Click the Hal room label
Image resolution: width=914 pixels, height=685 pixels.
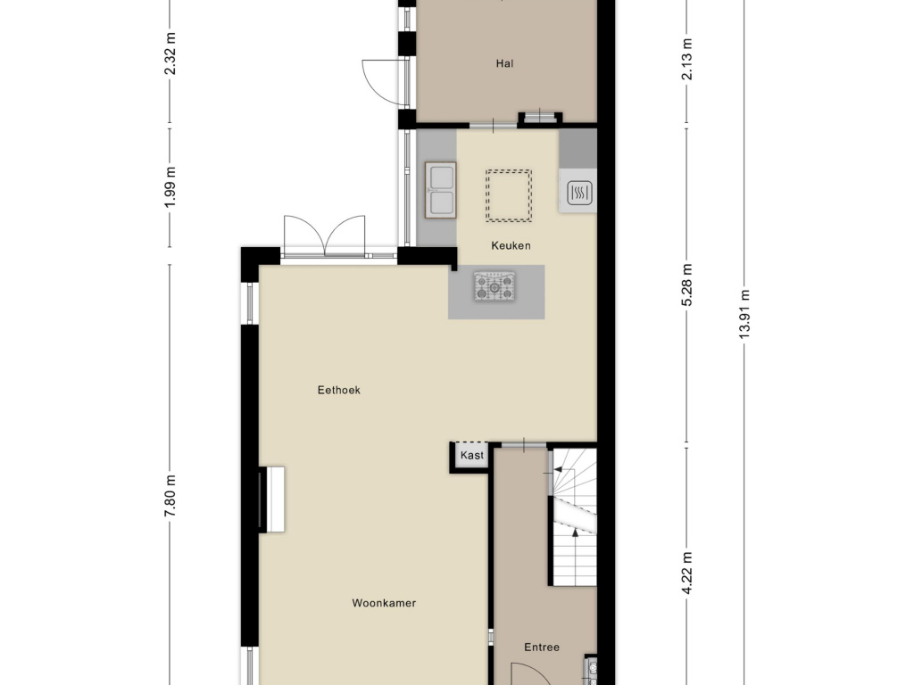tap(505, 63)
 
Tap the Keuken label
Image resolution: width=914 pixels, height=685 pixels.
tap(511, 245)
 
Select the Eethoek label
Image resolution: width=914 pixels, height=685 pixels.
tap(338, 390)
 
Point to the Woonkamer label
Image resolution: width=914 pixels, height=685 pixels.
tap(384, 603)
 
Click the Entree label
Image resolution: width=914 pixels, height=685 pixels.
tap(542, 647)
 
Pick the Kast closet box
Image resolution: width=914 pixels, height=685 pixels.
tap(471, 455)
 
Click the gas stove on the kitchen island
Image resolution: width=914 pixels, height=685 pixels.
tap(494, 286)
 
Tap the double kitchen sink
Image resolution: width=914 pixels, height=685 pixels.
tap(441, 190)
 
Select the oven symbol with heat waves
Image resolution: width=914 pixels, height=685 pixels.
tap(579, 193)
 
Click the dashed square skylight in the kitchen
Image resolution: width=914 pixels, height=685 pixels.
tap(508, 195)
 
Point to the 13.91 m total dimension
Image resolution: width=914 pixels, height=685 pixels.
tap(744, 314)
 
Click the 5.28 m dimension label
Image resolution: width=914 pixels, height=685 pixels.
tap(687, 285)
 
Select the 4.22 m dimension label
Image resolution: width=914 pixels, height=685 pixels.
tap(687, 574)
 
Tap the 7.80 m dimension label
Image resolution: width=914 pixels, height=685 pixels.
tap(170, 495)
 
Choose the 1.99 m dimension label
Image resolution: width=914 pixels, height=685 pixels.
tap(170, 187)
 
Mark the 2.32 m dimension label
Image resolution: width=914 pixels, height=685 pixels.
tap(170, 54)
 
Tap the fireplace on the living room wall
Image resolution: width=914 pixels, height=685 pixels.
tap(271, 499)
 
